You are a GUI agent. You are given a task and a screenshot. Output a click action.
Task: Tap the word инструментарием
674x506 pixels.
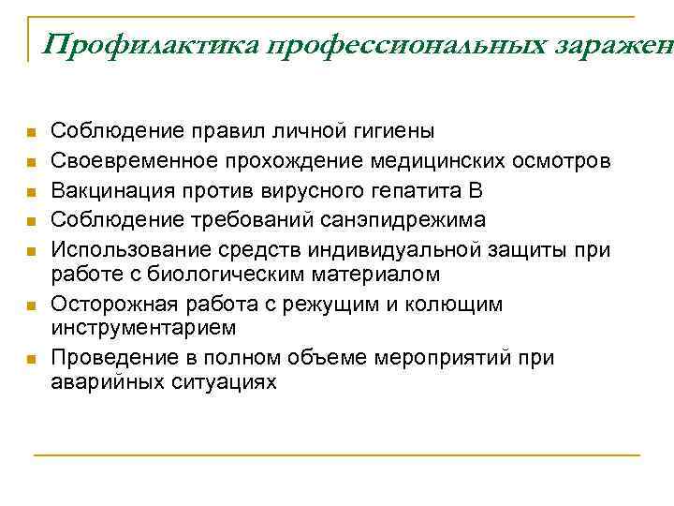[142, 328]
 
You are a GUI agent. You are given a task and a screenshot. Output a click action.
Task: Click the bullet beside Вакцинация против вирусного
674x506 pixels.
[31, 192]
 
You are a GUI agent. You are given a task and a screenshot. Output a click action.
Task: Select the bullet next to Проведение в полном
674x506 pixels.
[31, 359]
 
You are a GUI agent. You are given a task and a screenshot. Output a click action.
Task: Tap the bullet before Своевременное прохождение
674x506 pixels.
[31, 162]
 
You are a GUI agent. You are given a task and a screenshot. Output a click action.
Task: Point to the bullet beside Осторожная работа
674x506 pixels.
[31, 305]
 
